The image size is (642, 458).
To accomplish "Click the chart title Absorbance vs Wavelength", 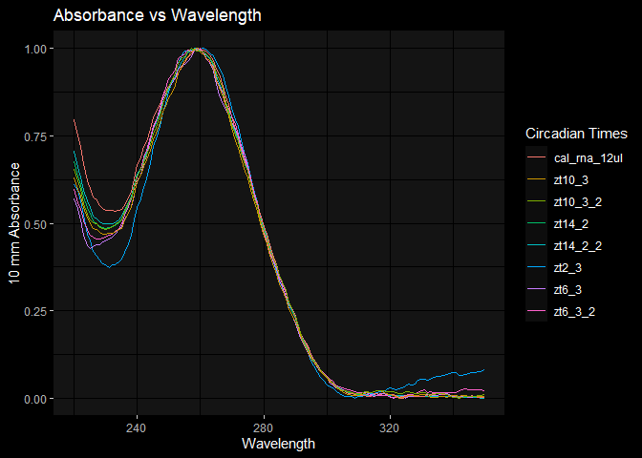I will coord(158,15).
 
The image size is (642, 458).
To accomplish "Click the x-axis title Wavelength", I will coord(279,444).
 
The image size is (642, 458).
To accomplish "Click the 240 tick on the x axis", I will coord(138,427).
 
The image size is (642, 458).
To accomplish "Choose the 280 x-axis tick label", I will coord(264,427).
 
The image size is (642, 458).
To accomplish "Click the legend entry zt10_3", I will coord(570,178).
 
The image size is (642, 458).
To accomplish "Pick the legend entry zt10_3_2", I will coord(576,201).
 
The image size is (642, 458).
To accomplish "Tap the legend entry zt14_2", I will coord(570,224).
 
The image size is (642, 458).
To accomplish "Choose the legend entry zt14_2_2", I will coord(576,246).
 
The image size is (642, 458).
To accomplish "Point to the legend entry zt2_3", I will coord(567,269).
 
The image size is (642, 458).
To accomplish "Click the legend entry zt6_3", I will coord(567,291).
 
